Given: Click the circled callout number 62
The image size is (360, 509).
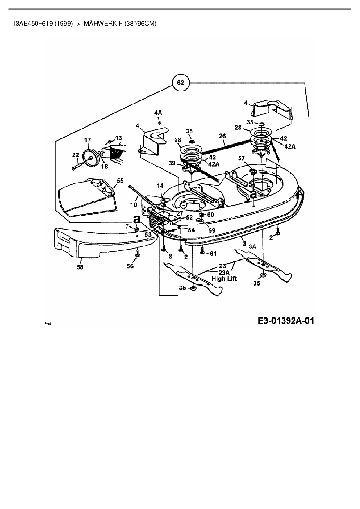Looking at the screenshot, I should [x=180, y=83].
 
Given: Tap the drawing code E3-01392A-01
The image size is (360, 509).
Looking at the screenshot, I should [x=286, y=321].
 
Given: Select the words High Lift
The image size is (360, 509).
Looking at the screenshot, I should [x=224, y=279].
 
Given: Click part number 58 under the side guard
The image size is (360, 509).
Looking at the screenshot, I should [x=80, y=266].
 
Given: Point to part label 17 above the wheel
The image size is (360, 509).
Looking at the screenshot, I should [x=88, y=140].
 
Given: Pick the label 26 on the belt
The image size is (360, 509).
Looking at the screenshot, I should [x=222, y=136].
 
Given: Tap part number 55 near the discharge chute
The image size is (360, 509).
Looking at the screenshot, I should [x=120, y=181].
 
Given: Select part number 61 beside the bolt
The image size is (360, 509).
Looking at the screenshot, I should [x=213, y=254].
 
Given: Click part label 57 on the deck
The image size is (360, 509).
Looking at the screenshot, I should [x=242, y=158].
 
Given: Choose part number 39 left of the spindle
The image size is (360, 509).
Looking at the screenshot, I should [x=172, y=163].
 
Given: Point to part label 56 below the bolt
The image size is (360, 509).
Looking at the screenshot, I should [x=130, y=266].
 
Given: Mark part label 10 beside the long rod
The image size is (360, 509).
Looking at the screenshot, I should [x=133, y=205].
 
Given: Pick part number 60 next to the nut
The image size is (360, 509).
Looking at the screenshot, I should [x=210, y=215].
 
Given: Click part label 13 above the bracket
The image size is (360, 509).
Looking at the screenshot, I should [x=118, y=138].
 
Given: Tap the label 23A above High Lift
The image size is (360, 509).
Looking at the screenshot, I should [x=224, y=272].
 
